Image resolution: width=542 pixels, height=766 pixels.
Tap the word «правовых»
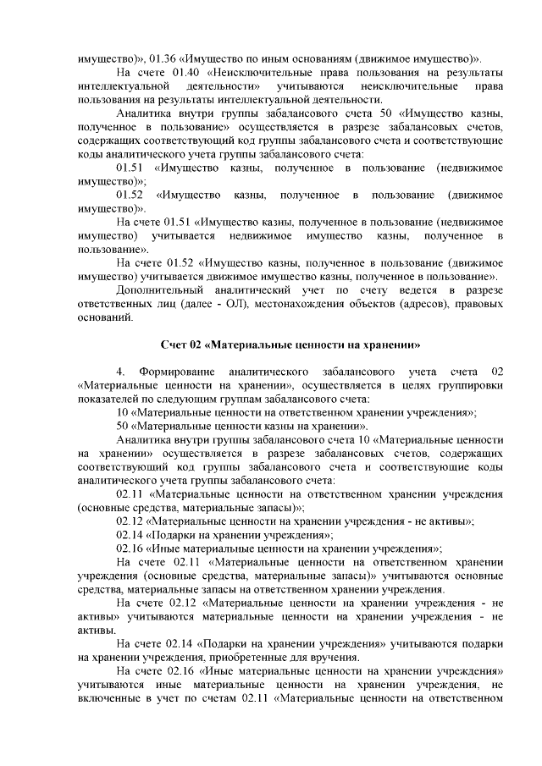pos(476,303)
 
